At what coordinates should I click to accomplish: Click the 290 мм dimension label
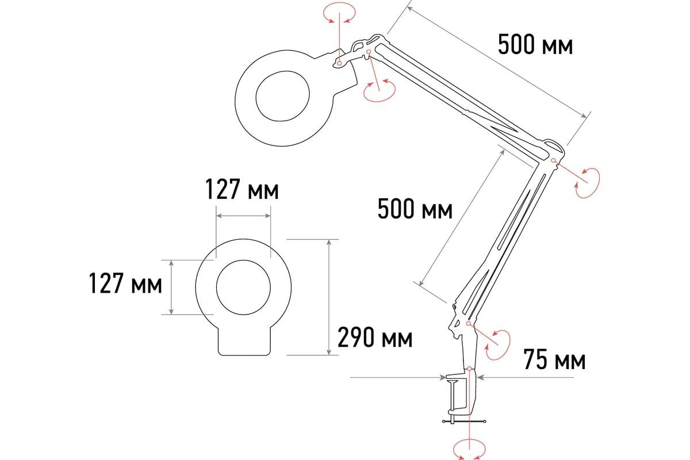pos(375,338)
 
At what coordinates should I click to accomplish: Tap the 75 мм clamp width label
pos(554,359)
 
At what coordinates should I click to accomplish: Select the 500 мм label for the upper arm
pos(535,45)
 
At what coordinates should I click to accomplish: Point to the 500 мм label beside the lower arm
pos(415,209)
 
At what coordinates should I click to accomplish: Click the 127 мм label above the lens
pos(242,190)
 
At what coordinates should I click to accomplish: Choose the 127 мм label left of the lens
pos(125,283)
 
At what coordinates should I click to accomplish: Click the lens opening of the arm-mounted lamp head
pos(282,97)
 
